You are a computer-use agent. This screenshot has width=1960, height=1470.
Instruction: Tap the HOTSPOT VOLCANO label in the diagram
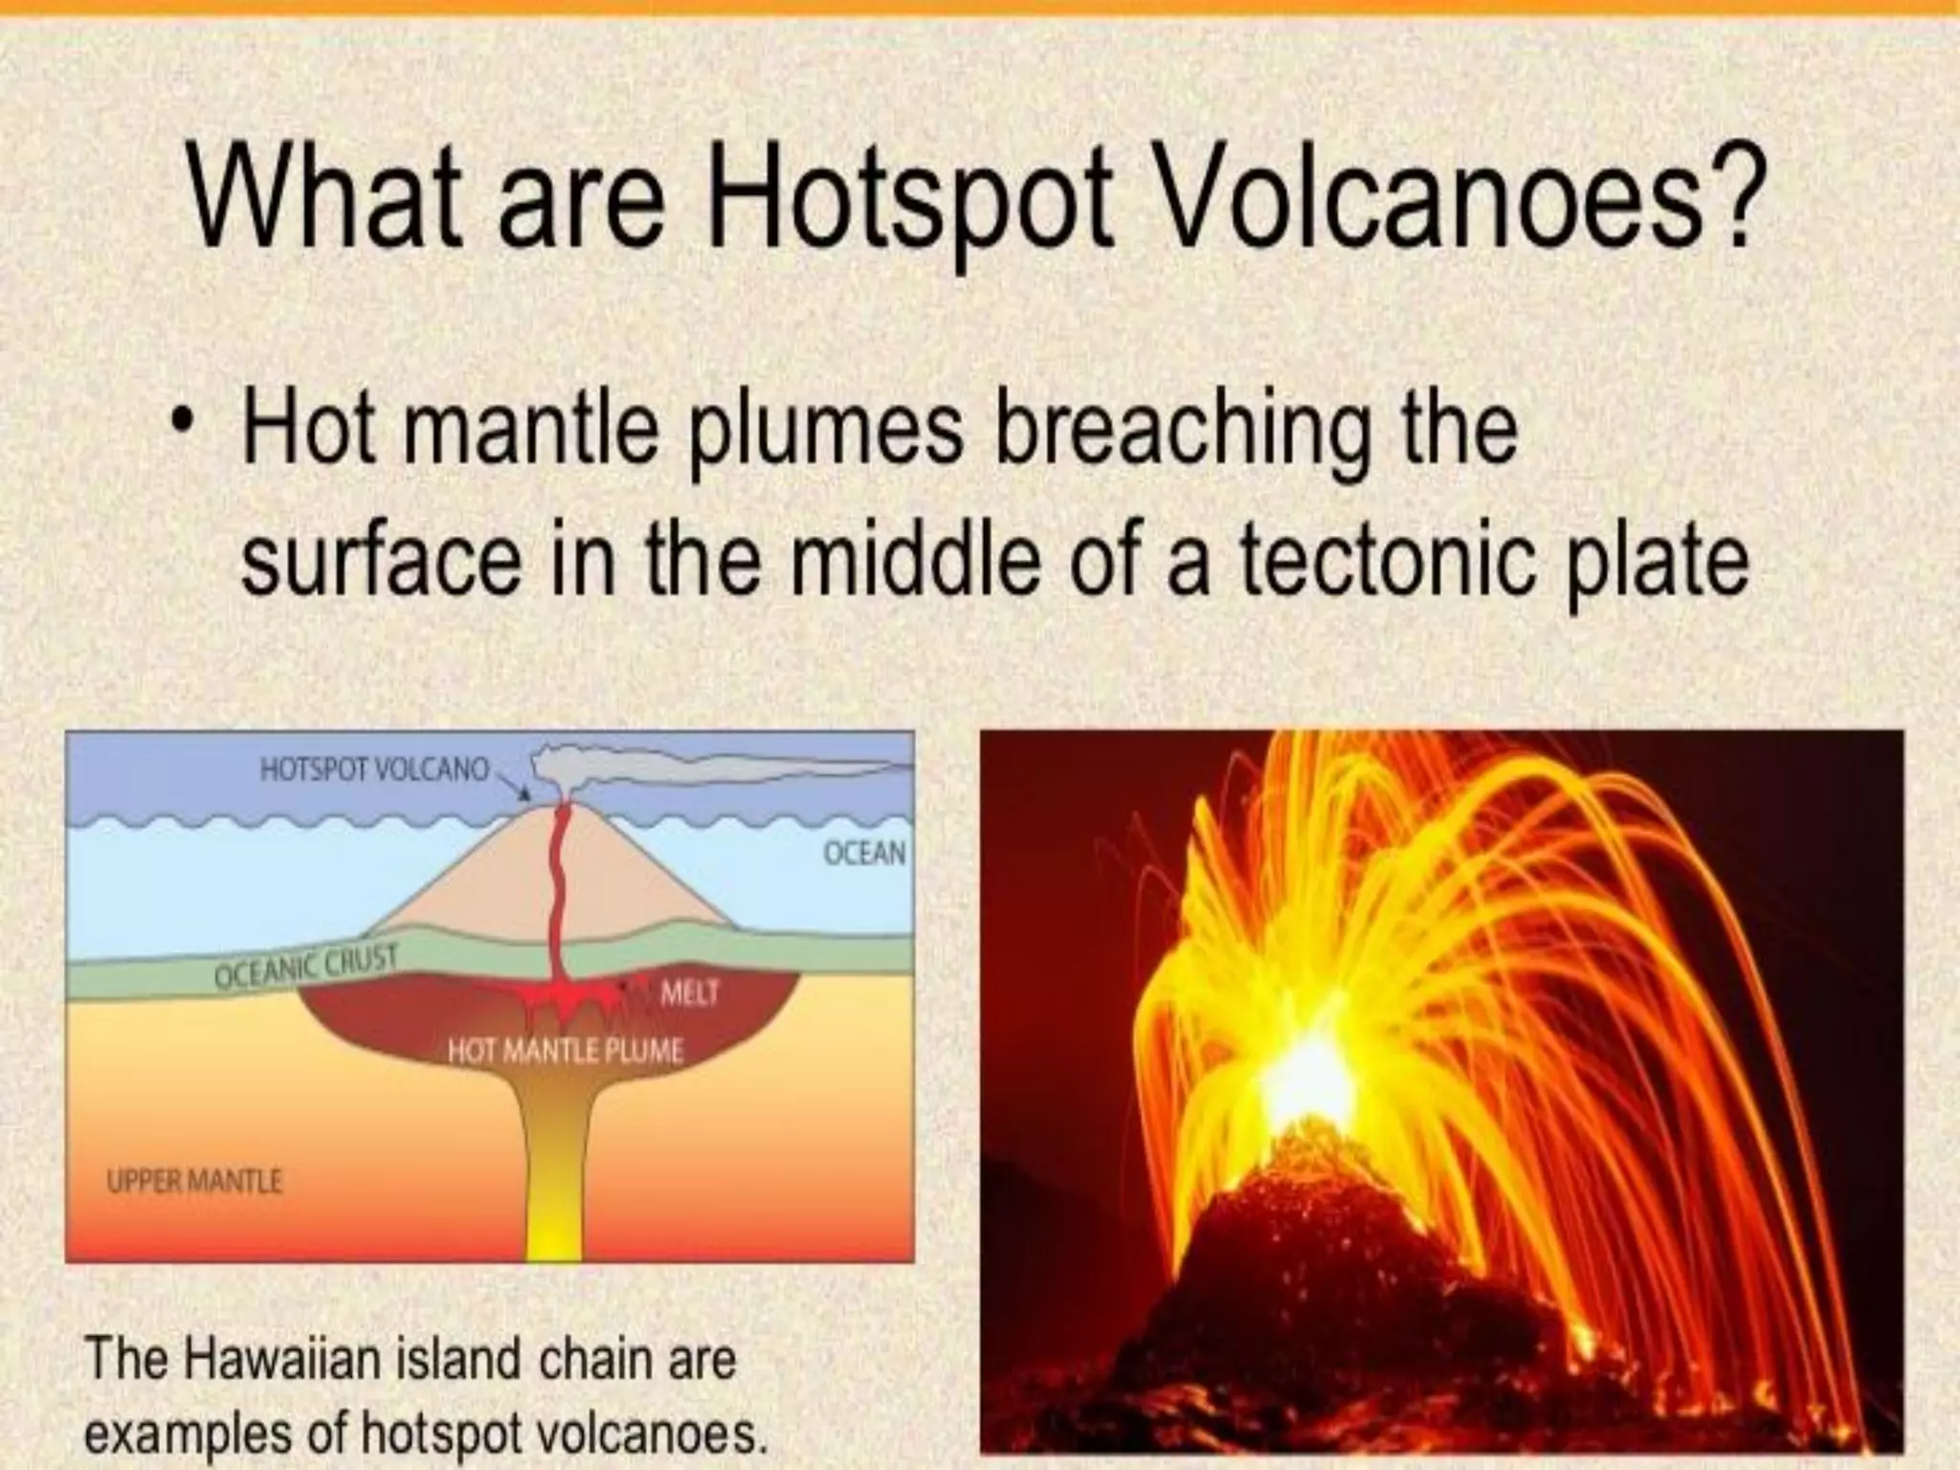(x=374, y=770)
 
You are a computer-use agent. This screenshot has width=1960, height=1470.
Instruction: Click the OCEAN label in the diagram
(x=864, y=853)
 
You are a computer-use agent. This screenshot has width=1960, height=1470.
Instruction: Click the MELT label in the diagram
(x=689, y=993)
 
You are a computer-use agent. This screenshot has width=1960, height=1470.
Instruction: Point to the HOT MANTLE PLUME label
(x=566, y=1052)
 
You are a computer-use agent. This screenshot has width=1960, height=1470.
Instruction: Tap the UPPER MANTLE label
(x=194, y=1182)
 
